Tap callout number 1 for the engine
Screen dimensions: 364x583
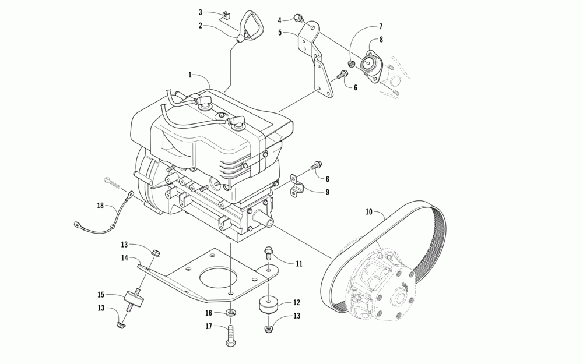190,75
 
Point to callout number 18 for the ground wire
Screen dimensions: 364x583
100,206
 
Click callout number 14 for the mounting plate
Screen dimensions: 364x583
125,257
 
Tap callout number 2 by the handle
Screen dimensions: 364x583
200,26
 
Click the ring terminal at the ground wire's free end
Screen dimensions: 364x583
77,223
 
